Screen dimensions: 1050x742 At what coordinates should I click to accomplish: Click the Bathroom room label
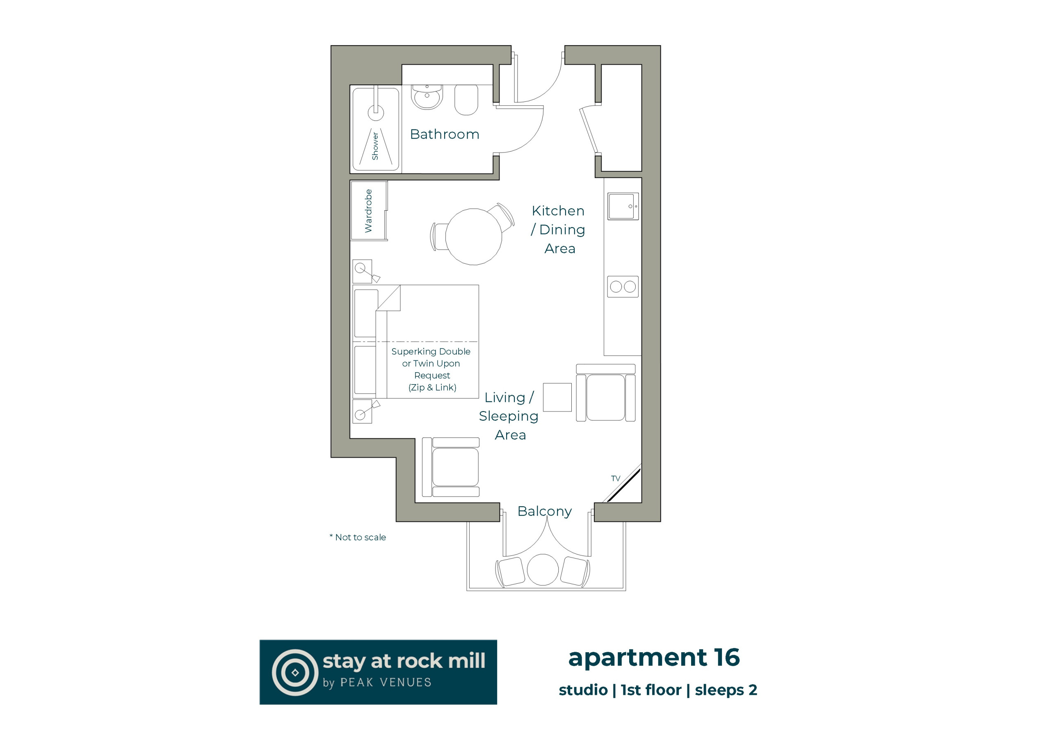click(x=445, y=134)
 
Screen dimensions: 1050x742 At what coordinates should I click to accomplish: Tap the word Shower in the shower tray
click(x=375, y=146)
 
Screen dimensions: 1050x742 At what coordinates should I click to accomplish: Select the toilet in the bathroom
click(x=466, y=100)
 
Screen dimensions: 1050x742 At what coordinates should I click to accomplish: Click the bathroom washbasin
click(x=427, y=97)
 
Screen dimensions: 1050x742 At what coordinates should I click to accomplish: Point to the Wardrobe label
click(x=368, y=211)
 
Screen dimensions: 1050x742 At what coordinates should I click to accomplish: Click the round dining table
click(x=473, y=237)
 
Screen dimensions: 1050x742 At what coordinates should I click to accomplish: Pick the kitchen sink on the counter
click(x=623, y=206)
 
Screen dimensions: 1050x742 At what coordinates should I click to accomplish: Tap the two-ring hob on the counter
click(x=623, y=287)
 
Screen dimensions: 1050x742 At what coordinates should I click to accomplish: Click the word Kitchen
click(x=558, y=211)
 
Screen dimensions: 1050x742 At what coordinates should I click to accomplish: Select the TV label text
click(x=616, y=478)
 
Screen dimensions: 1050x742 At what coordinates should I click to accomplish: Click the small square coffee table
click(x=557, y=397)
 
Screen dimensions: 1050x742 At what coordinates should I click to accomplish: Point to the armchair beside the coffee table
click(x=605, y=393)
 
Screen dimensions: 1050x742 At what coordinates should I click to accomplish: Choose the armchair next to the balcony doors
click(x=450, y=467)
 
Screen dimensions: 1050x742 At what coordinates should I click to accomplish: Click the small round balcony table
click(x=543, y=570)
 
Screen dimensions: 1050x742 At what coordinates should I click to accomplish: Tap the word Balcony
click(x=544, y=511)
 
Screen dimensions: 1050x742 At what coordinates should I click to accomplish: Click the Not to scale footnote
click(x=358, y=537)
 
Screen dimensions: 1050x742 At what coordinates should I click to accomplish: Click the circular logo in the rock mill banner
click(x=295, y=672)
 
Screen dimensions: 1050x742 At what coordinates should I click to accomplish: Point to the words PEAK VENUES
click(x=386, y=683)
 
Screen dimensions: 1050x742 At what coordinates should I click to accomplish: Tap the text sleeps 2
click(x=726, y=690)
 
